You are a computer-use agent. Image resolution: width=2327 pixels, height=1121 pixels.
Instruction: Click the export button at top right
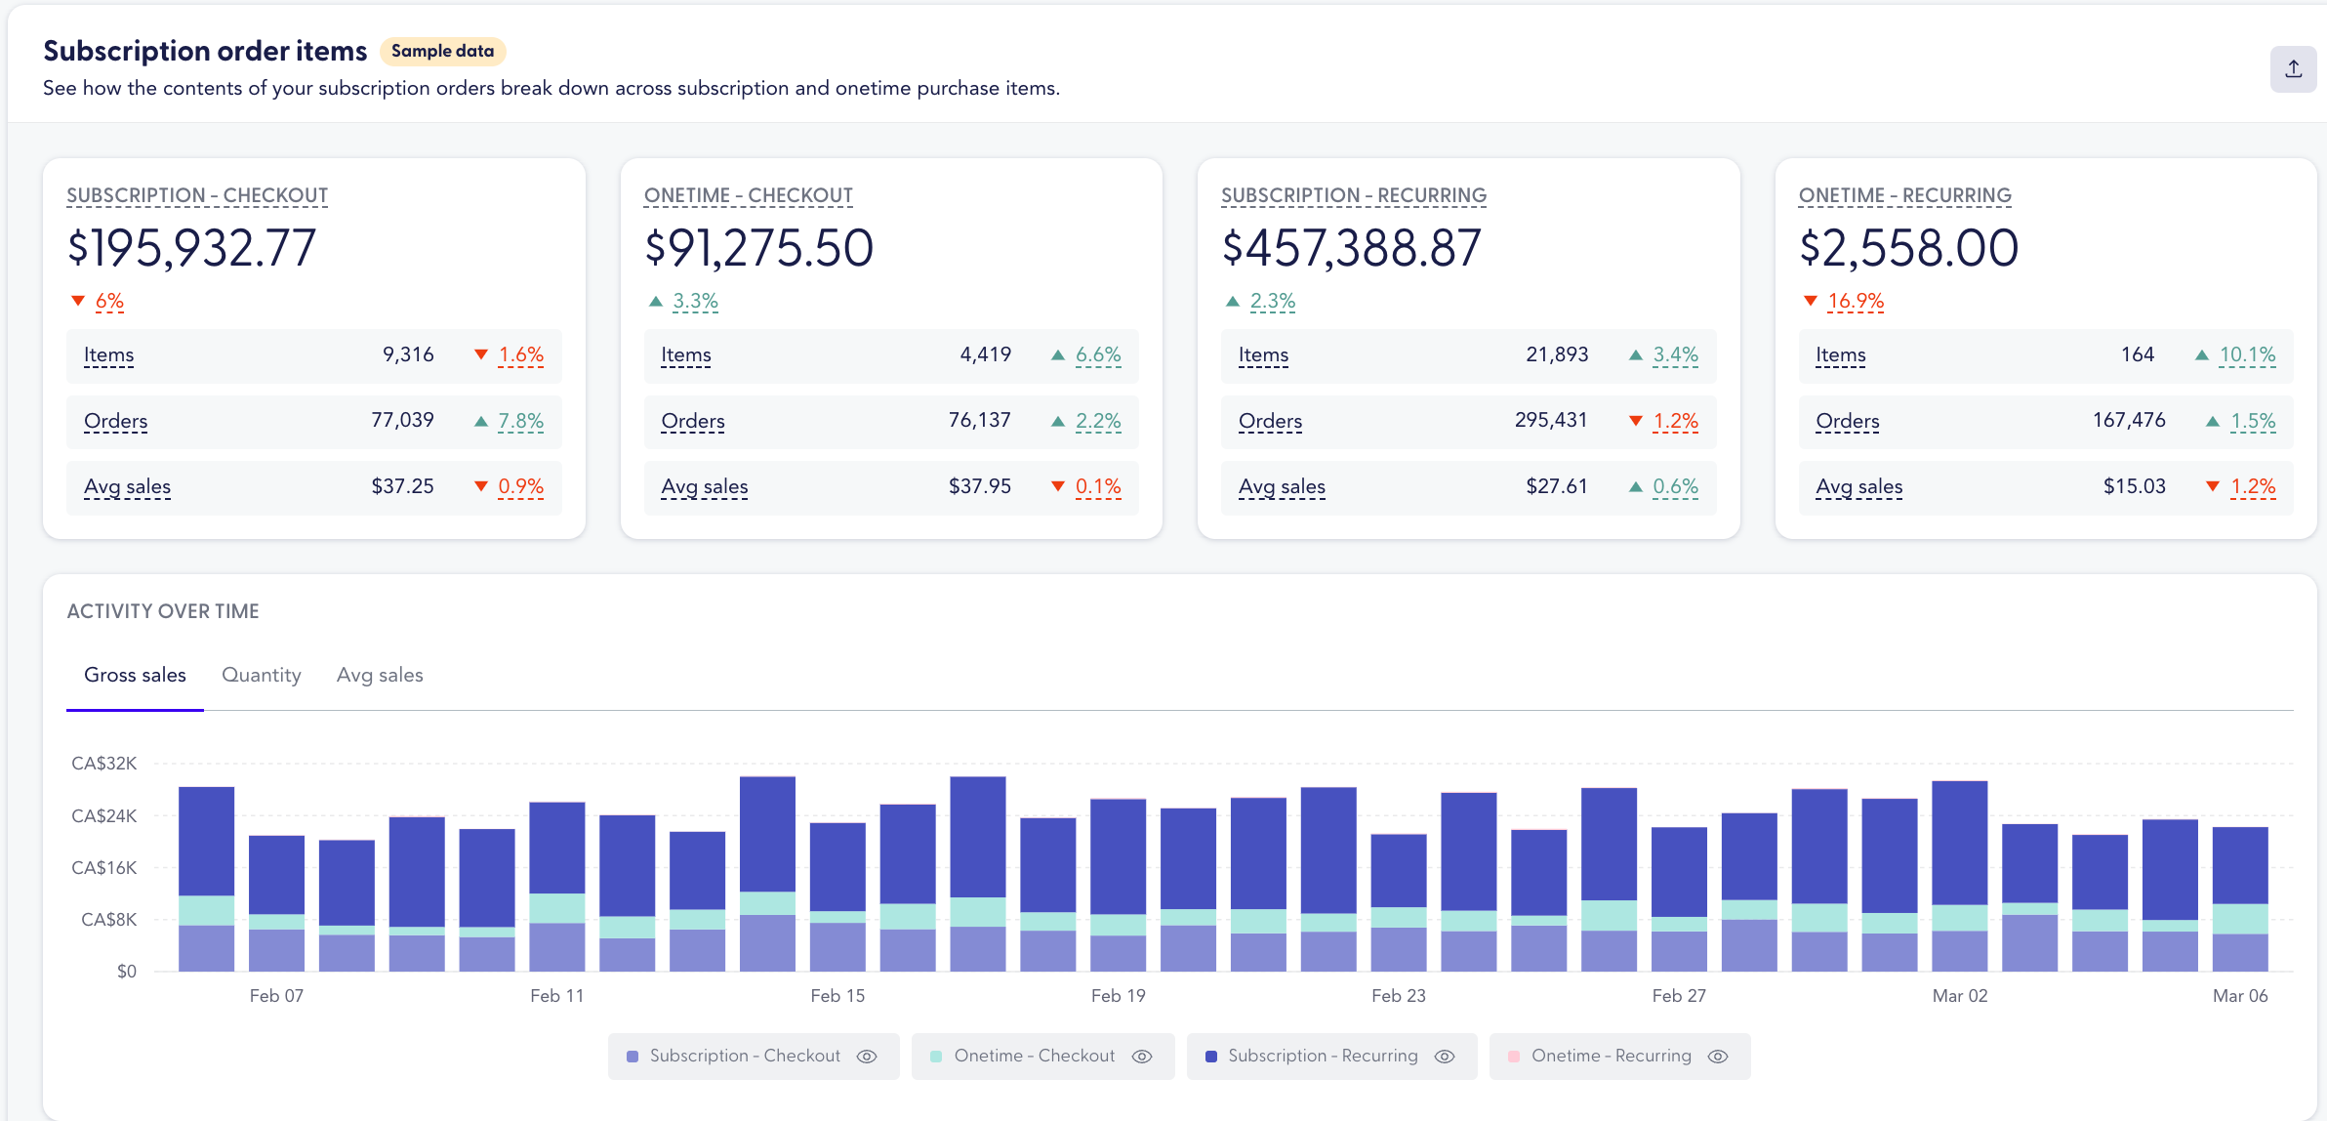(x=2293, y=68)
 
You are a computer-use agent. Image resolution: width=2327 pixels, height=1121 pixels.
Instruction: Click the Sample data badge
(x=442, y=51)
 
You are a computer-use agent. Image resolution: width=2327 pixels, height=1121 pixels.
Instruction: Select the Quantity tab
(x=261, y=675)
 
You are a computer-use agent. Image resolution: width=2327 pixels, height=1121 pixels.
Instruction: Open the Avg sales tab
(x=380, y=675)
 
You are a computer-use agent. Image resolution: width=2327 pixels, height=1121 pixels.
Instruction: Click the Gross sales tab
(x=135, y=675)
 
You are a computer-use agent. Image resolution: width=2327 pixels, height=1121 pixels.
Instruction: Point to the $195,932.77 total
(x=191, y=248)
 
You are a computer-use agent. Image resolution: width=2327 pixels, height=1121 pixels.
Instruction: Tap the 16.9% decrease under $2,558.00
(x=1855, y=301)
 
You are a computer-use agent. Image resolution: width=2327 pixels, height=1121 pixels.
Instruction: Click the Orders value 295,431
(x=1550, y=420)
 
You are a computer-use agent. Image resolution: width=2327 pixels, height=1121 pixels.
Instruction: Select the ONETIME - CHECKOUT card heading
(x=748, y=195)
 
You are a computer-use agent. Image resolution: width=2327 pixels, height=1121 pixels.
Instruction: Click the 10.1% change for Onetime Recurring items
(x=2246, y=354)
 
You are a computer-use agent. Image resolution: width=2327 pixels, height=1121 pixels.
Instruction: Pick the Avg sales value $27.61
(x=1556, y=486)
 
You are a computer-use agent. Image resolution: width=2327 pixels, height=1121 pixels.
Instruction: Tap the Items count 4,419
(x=985, y=354)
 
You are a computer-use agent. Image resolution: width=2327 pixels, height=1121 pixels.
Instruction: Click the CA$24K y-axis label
(x=103, y=815)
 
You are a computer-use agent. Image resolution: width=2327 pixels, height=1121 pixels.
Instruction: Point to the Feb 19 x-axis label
(x=1118, y=995)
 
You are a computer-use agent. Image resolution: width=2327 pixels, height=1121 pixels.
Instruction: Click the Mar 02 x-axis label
(x=1959, y=995)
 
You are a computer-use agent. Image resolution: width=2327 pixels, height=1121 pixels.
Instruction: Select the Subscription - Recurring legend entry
(x=1322, y=1056)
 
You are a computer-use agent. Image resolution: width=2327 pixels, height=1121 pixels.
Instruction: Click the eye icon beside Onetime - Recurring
(x=1718, y=1057)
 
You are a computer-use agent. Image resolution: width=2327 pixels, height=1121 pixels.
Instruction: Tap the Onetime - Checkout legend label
(x=1034, y=1056)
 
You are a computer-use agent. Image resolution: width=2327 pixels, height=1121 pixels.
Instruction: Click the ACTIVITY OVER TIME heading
(x=163, y=611)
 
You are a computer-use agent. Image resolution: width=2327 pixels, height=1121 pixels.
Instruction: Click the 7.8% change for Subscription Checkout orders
(x=520, y=421)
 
